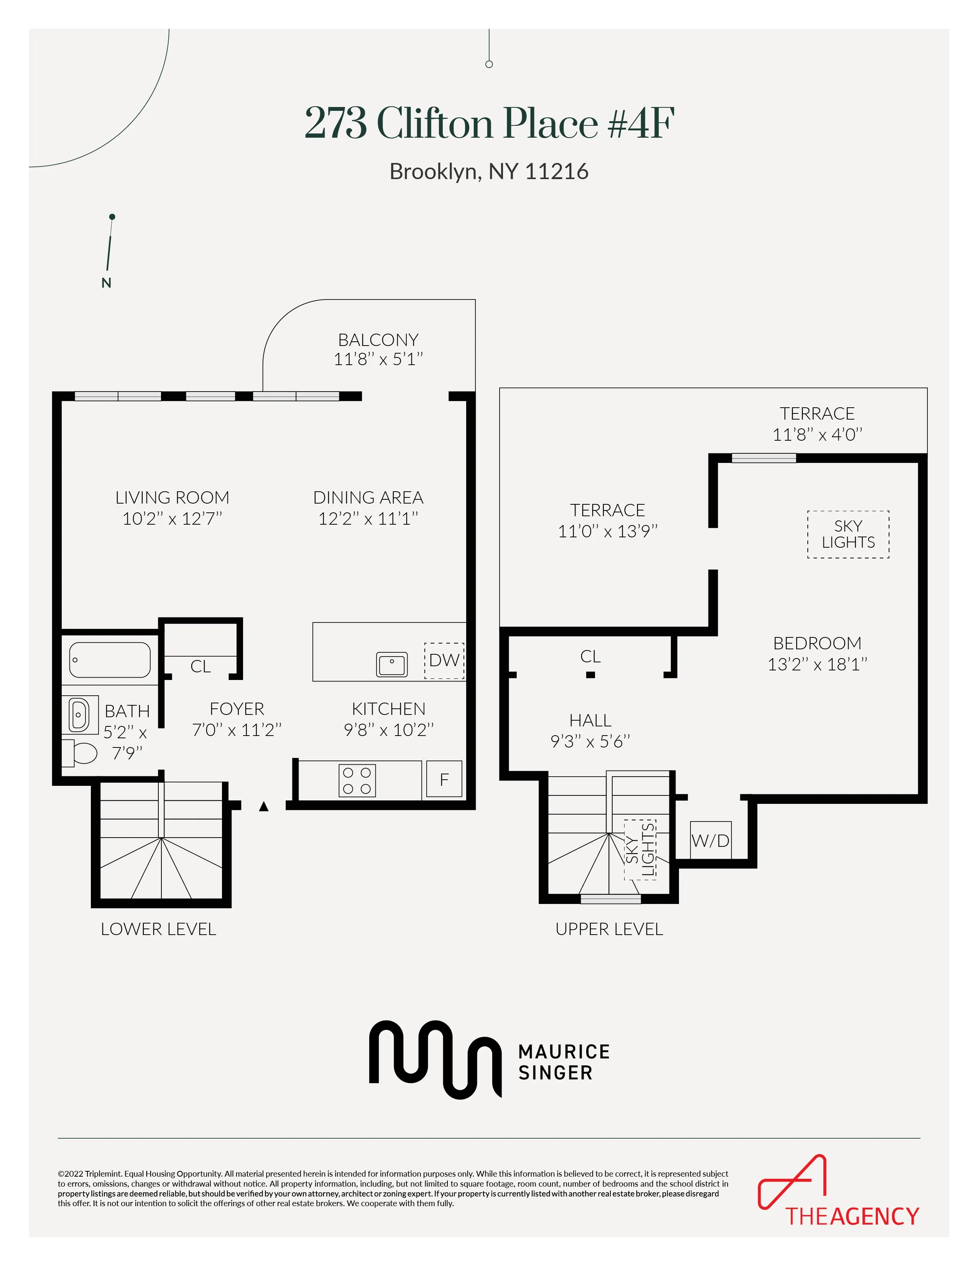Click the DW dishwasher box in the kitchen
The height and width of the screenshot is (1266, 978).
(x=444, y=660)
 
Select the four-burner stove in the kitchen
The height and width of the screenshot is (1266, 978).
(x=357, y=780)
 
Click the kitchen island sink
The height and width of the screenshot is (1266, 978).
(x=392, y=664)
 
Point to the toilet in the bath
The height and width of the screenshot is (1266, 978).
(x=81, y=753)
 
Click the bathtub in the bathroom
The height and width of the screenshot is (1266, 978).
(x=110, y=660)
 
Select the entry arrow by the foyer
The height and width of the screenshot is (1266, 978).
(x=264, y=806)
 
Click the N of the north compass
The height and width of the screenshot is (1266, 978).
(x=106, y=283)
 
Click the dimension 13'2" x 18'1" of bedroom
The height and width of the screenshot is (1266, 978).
(x=817, y=664)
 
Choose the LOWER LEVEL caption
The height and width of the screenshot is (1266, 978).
(x=158, y=929)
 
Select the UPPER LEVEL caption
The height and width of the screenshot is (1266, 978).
(x=609, y=929)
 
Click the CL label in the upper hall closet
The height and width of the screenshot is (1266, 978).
(x=590, y=657)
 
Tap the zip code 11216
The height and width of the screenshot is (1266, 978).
(x=556, y=171)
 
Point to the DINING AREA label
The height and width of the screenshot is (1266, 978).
(x=368, y=498)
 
